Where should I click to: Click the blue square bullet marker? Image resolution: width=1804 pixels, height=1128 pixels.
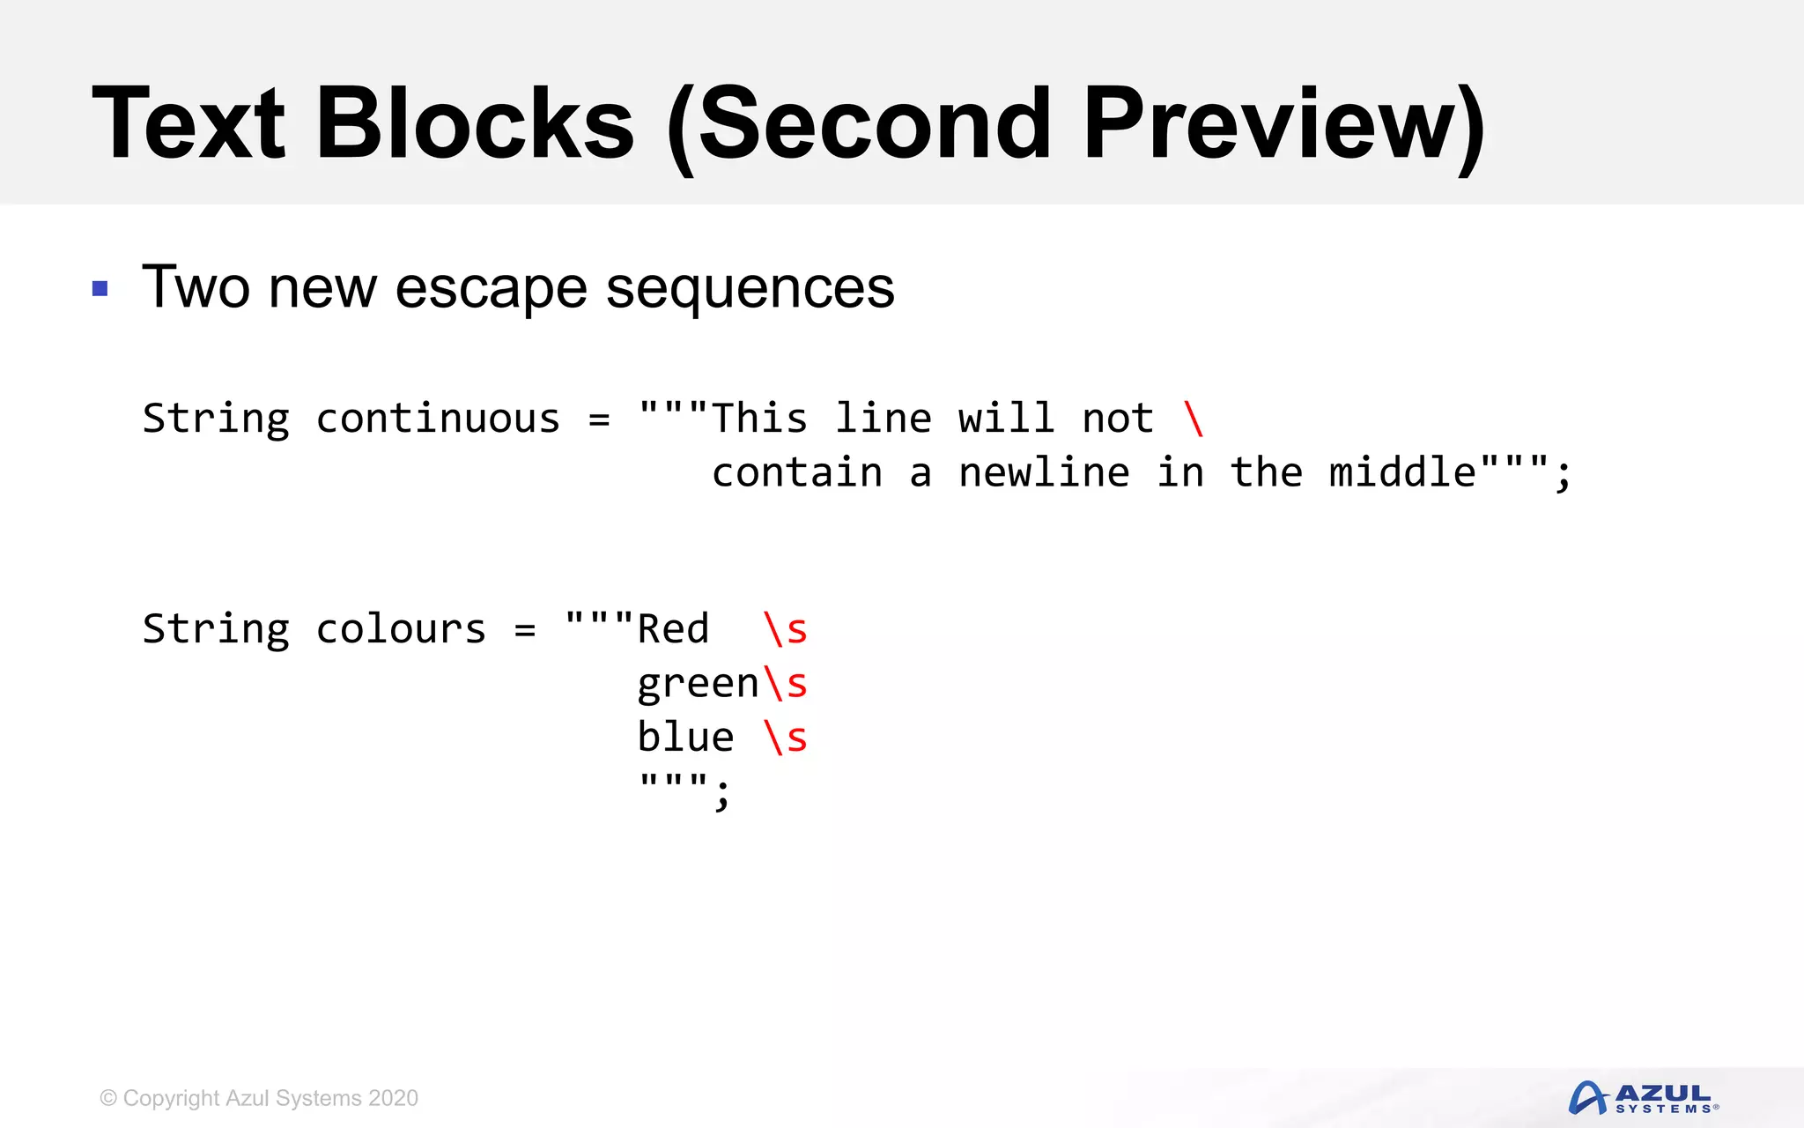100,288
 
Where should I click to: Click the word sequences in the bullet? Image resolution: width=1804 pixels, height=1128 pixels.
750,288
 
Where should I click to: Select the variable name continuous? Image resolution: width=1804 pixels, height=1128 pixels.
438,419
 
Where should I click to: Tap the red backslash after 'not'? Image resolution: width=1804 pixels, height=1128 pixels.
1194,419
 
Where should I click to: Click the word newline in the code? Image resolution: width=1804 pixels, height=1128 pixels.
1044,473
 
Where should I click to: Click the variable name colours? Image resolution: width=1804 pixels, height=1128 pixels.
401,629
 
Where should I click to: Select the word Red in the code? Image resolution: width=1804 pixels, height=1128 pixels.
673,629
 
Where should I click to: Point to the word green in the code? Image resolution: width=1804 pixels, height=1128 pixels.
698,685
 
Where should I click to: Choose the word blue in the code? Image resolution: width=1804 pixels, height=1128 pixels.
685,738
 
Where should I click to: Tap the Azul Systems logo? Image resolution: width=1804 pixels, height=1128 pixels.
1643,1098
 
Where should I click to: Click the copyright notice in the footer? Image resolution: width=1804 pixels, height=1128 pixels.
259,1098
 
